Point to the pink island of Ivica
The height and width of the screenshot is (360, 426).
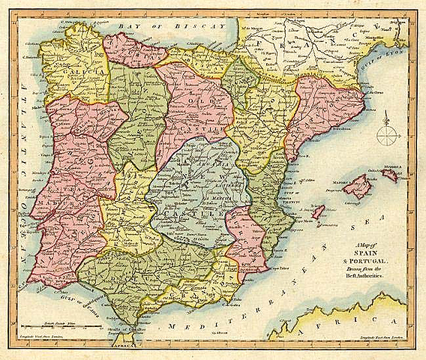pos(317,214)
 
